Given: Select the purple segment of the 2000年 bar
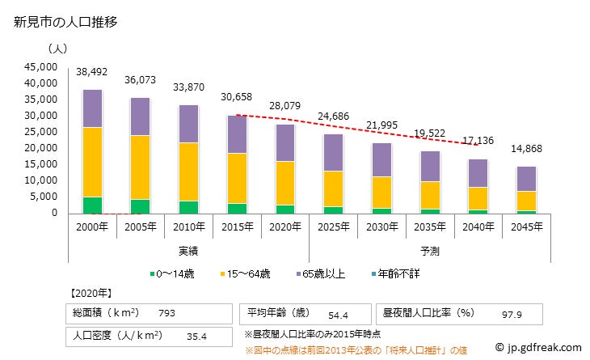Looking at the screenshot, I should (x=92, y=108).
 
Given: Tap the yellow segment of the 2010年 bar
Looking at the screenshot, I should (x=189, y=172).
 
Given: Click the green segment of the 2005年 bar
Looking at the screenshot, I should (x=141, y=206).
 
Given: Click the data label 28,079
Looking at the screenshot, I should (x=285, y=105).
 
